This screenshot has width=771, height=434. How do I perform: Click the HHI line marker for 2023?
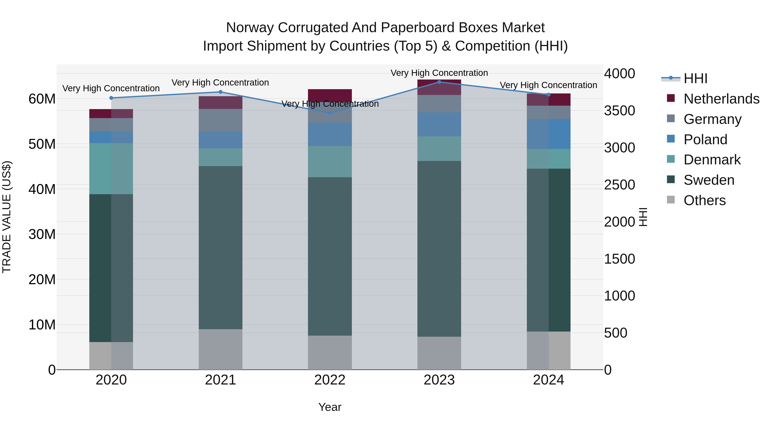tap(439, 82)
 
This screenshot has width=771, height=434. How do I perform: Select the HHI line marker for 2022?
tap(330, 113)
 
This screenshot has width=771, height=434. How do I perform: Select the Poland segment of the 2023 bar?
tap(439, 124)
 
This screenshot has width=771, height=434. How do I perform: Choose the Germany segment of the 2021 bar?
tap(220, 120)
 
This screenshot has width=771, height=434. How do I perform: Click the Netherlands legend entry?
tap(721, 99)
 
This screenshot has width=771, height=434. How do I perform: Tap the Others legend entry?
tap(705, 200)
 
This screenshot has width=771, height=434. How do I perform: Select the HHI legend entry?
tap(695, 78)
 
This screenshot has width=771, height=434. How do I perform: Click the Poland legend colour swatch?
tap(671, 139)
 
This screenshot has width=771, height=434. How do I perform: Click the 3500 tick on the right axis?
tap(619, 111)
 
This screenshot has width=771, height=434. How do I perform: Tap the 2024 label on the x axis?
tap(548, 380)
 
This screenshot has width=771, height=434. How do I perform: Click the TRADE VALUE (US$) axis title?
tap(7, 217)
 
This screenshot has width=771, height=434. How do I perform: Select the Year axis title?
tap(330, 407)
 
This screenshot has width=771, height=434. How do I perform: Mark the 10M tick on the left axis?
tap(42, 325)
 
